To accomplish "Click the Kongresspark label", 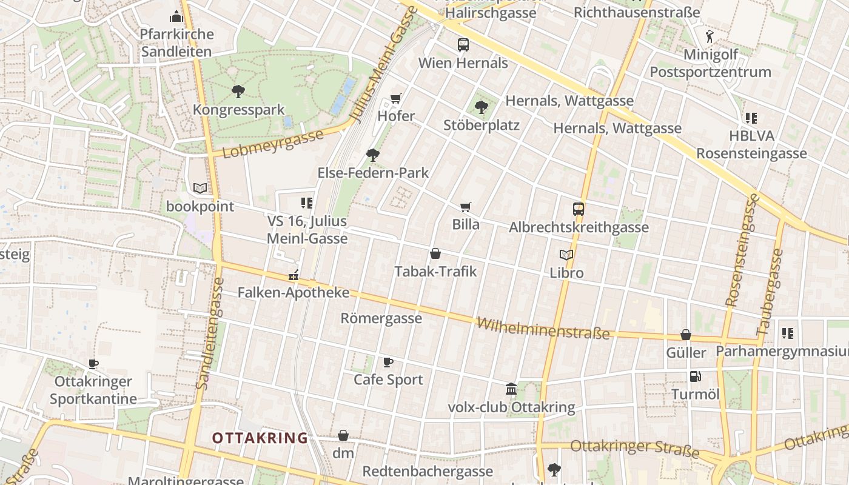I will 238,110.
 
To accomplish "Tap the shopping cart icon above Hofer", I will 396,98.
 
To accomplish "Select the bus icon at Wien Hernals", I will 463,44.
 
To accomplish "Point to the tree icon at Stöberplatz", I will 481,107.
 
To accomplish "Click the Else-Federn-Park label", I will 373,173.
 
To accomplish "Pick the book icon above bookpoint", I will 200,189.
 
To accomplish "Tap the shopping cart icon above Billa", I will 466,207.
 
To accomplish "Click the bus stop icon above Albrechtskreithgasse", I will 579,209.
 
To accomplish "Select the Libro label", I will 566,273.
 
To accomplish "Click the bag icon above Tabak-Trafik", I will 435,253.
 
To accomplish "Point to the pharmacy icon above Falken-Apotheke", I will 294,275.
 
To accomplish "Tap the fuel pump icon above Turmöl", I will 695,376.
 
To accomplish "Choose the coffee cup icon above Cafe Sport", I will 388,363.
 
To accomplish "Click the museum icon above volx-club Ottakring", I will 511,389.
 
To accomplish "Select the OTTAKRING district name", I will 260,438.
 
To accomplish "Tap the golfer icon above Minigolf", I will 710,36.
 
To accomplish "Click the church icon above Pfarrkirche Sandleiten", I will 176,16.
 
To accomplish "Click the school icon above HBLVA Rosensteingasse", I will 751,118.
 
